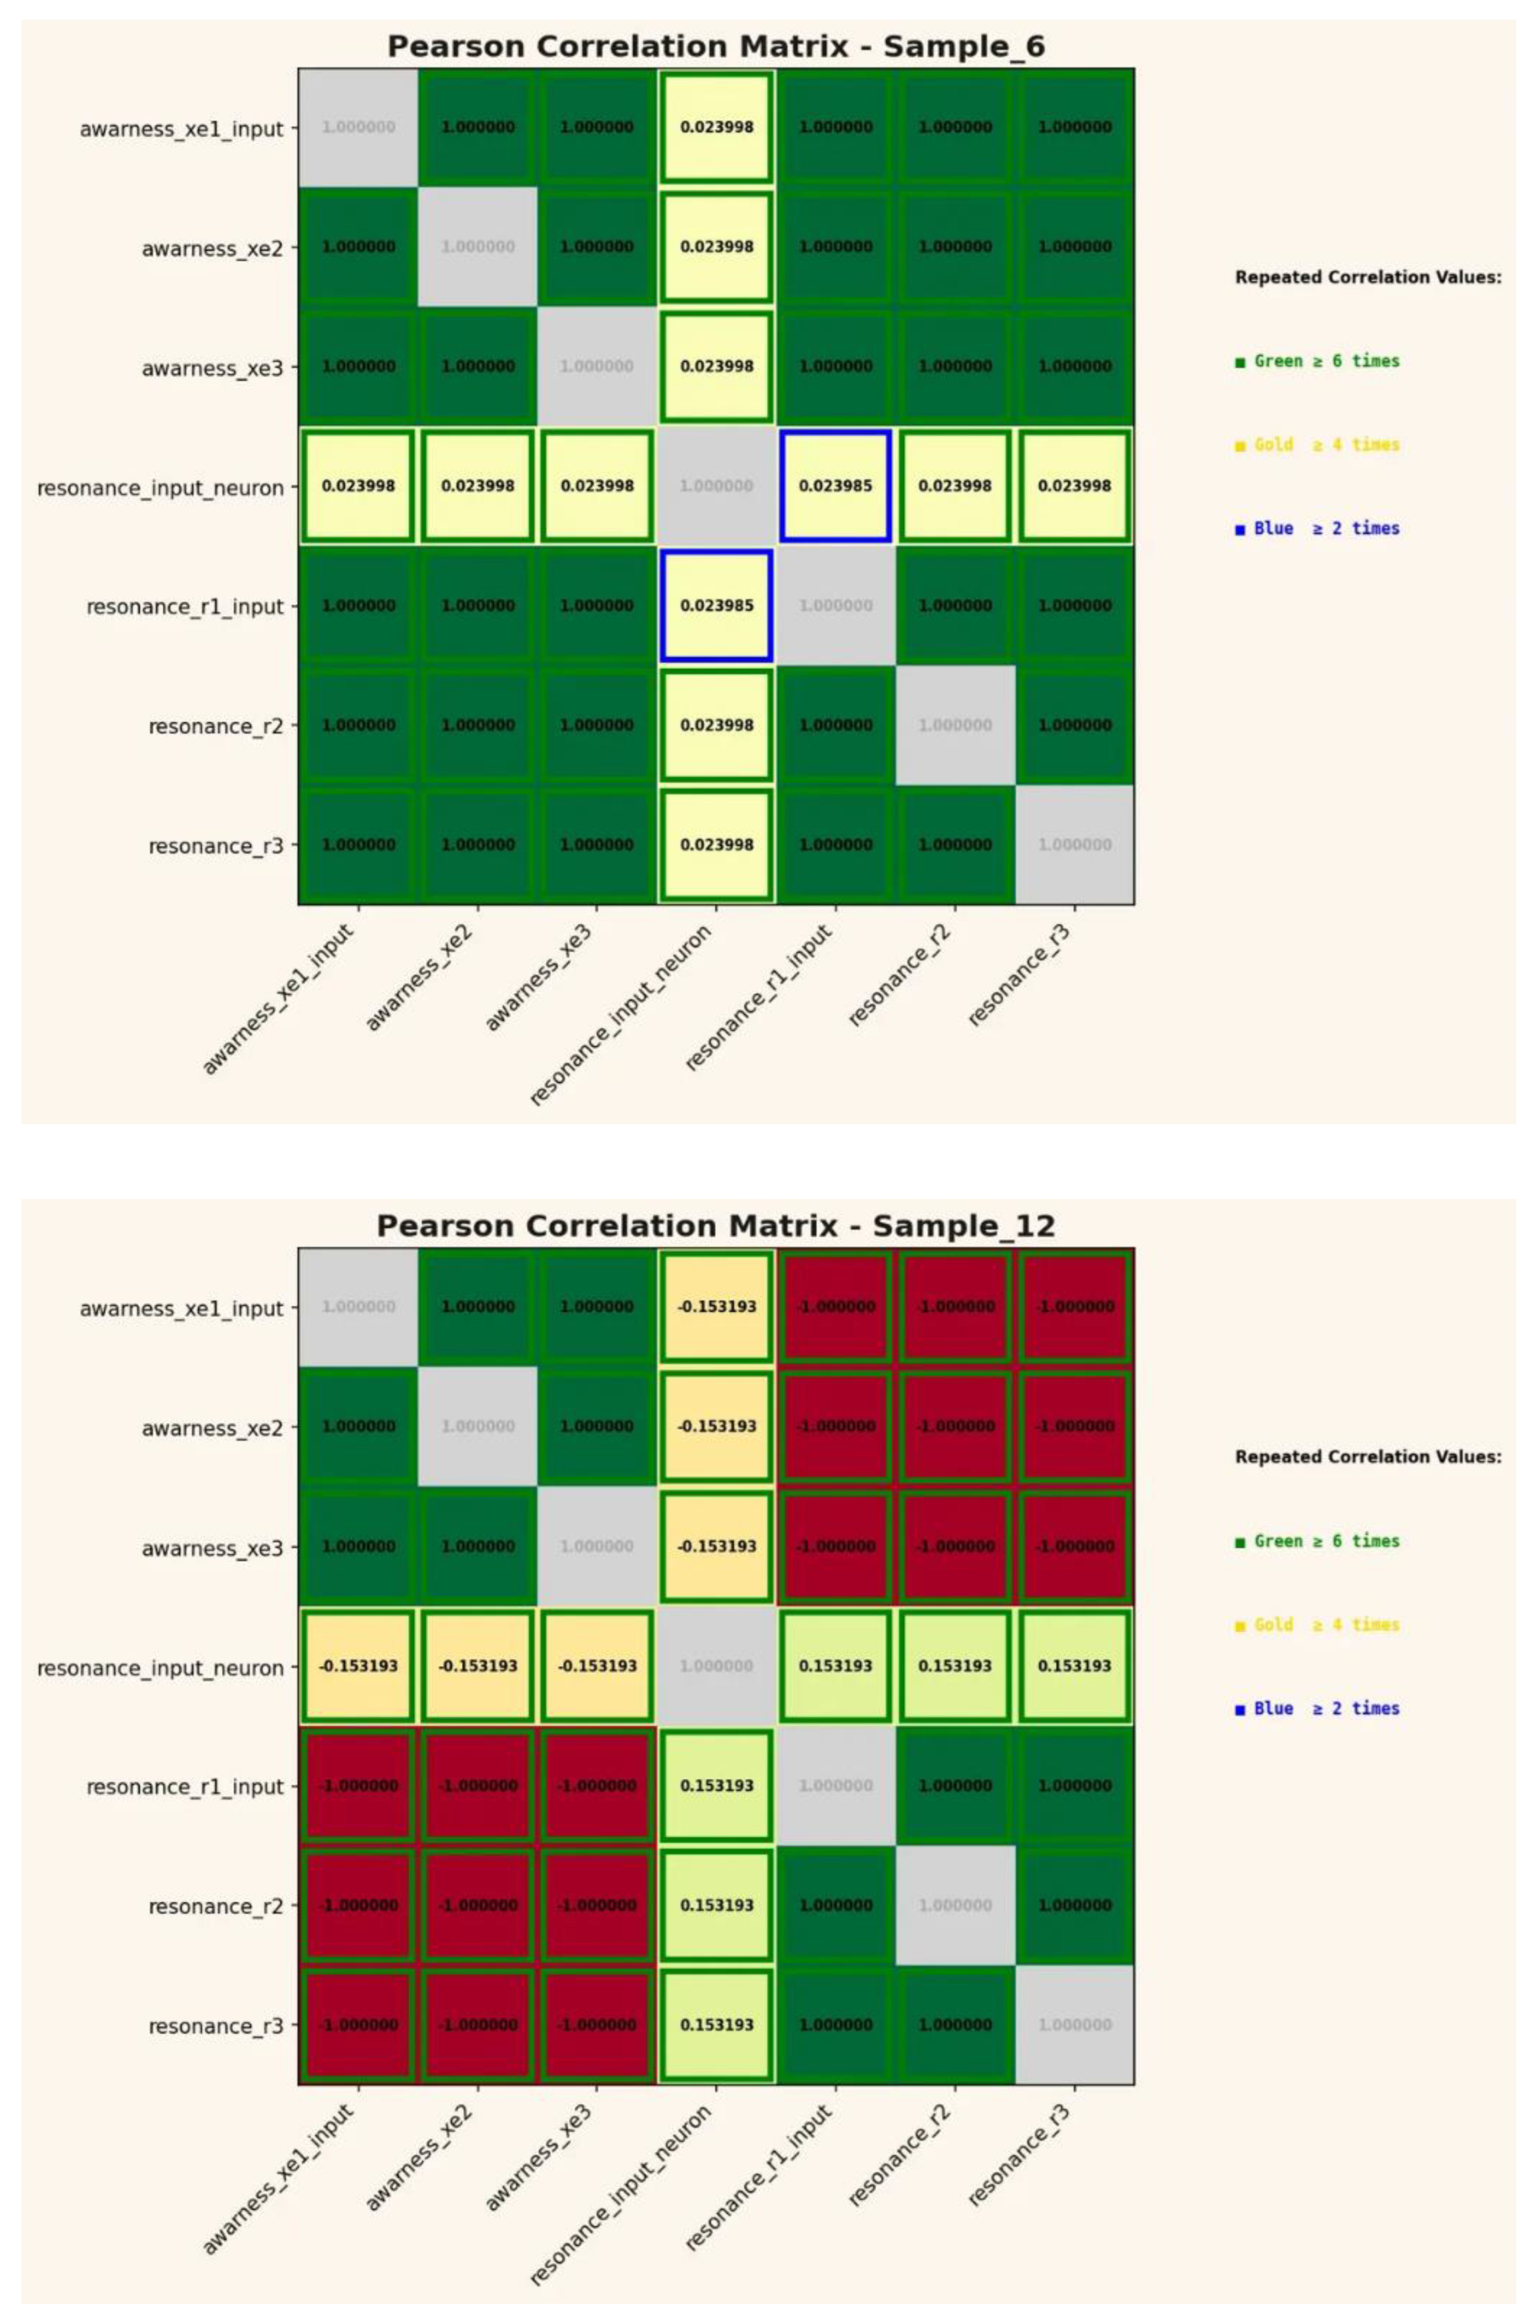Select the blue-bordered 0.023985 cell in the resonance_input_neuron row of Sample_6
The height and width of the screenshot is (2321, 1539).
pos(835,486)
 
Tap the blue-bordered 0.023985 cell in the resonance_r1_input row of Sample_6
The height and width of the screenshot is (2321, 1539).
pos(716,606)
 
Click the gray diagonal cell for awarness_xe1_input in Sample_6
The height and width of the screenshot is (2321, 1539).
pos(358,128)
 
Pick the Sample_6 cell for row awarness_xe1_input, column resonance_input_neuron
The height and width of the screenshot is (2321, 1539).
pos(716,128)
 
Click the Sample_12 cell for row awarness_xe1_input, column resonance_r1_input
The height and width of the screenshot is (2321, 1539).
pos(835,1307)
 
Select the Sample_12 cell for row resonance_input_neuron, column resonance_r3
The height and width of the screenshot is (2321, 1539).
pos(1075,1666)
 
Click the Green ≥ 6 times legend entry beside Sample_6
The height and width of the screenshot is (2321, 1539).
pos(1317,361)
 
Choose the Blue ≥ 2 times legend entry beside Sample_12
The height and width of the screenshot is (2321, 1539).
pos(1317,1709)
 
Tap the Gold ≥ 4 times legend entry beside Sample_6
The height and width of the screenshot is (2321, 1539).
pos(1317,445)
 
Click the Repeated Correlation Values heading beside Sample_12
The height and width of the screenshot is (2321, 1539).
pos(1367,1457)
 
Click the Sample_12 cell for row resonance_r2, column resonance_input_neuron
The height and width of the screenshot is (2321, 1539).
pos(716,1905)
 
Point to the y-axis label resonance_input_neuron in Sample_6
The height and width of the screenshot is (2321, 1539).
pos(160,488)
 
